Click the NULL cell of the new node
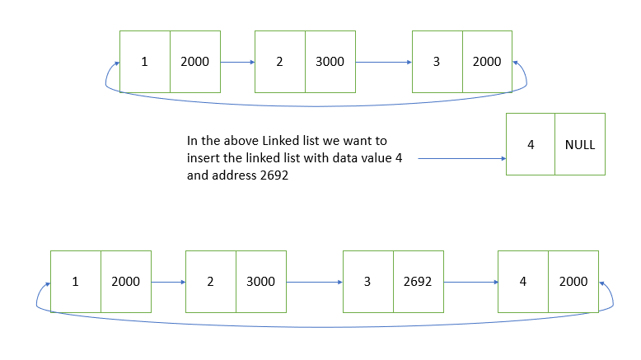click(580, 144)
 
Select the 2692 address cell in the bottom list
click(418, 282)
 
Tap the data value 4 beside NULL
click(531, 144)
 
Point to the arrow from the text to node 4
click(461, 158)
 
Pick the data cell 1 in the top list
click(145, 62)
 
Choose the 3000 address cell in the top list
click(330, 62)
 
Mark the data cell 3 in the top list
click(437, 62)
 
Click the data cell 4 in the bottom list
click(523, 282)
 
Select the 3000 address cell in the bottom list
click(261, 282)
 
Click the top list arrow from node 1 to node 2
click(236, 62)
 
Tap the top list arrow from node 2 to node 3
click(383, 62)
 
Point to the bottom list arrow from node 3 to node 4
click(470, 282)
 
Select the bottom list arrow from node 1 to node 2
click(168, 282)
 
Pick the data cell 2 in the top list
click(280, 62)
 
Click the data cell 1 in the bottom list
click(76, 282)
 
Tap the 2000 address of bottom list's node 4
click(573, 282)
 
